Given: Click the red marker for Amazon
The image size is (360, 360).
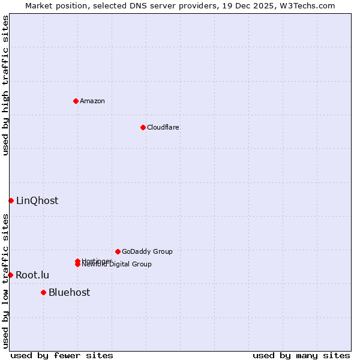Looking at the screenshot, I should click(76, 101).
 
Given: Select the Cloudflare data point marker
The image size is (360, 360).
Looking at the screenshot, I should click(143, 127).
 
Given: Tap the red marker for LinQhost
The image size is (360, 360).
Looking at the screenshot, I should click(11, 200).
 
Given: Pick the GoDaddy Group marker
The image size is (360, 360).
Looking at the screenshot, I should click(118, 251).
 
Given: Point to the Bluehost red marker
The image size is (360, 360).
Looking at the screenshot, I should click(43, 292).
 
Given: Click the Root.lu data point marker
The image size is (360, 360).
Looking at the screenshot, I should click(10, 275).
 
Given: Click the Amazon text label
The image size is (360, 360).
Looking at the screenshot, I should click(92, 101).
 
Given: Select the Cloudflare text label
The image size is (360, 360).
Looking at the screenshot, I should click(163, 127).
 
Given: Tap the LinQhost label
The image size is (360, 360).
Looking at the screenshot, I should click(37, 200).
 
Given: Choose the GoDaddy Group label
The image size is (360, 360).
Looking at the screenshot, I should click(147, 251).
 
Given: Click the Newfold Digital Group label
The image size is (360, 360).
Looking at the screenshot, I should click(117, 265).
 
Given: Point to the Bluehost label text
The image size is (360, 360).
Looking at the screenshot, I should click(70, 292).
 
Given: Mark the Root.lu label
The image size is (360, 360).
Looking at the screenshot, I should click(32, 275).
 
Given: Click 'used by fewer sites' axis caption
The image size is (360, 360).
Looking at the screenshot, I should click(62, 355).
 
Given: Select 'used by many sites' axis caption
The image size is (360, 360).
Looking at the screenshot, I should click(301, 355).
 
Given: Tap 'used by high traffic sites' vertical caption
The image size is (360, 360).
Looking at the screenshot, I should click(6, 85).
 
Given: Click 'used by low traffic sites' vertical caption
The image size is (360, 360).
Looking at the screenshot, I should click(6, 281).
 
